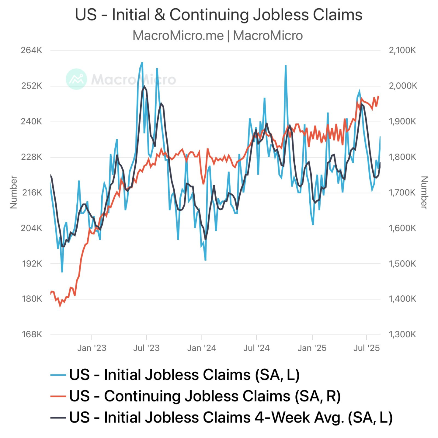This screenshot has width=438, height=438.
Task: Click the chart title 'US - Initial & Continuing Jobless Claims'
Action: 219,15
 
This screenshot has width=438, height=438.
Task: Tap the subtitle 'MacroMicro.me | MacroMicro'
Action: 217,36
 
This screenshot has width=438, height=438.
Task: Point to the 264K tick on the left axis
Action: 32,50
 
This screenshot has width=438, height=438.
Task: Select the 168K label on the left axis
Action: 32,335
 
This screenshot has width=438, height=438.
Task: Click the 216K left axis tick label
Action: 32,193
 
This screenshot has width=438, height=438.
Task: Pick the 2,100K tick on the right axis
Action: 402,50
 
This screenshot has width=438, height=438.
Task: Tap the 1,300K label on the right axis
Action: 402,335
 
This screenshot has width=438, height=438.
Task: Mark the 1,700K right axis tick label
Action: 402,193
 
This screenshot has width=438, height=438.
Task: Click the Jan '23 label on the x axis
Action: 92,348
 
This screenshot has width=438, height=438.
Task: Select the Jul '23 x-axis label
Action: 146,348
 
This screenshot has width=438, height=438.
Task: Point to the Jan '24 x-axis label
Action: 202,348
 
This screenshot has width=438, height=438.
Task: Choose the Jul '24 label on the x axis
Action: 256,348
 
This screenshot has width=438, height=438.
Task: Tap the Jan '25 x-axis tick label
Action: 312,348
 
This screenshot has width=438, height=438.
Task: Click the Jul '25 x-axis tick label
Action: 367,348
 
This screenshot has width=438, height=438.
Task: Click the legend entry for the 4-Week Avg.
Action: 231,417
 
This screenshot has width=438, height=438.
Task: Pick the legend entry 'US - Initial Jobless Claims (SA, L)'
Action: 184,375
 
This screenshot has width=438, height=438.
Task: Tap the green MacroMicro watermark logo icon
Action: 76,79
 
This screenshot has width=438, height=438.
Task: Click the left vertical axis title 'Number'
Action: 14,192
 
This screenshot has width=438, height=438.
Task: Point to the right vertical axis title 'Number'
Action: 424,192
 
